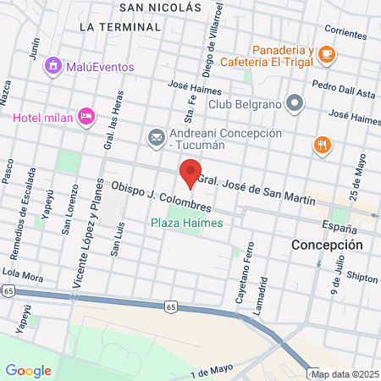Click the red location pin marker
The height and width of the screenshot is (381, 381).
click(190, 174)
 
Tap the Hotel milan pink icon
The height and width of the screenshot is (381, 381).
click(86, 116)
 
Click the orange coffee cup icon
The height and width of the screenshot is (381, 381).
click(327, 55)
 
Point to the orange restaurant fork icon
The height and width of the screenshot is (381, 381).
click(321, 145)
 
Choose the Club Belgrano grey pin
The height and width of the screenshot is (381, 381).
click(295, 104)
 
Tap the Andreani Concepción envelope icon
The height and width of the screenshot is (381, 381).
click(156, 136)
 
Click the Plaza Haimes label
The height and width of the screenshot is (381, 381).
click(186, 223)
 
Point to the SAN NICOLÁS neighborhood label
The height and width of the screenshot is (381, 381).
click(161, 7)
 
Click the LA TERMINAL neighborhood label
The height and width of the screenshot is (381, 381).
click(119, 27)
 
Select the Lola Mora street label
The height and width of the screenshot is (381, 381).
click(22, 273)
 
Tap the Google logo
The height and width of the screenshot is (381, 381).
click(28, 370)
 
